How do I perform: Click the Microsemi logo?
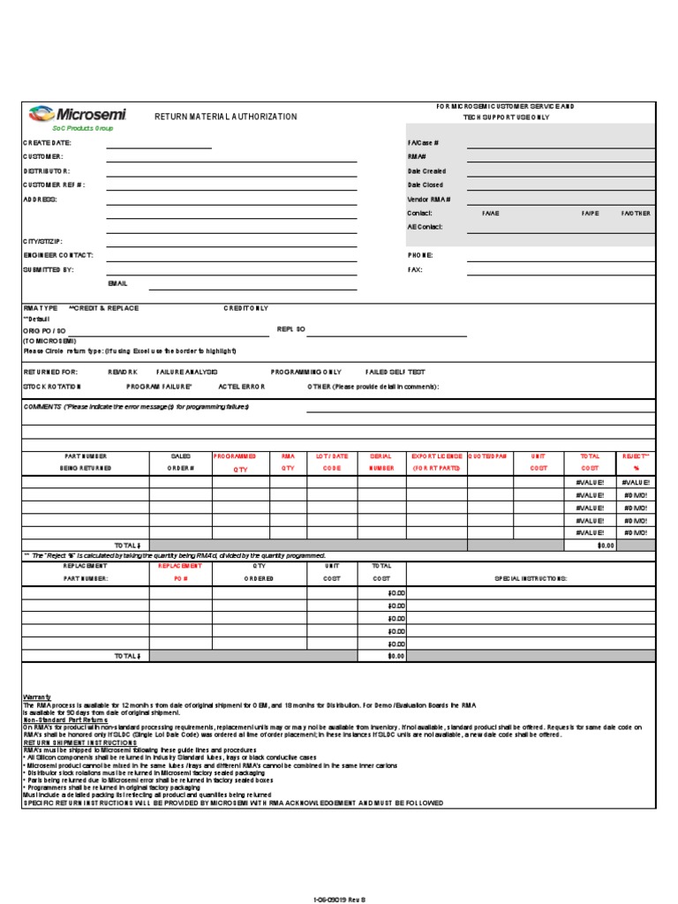click(x=78, y=114)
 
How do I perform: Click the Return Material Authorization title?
click(x=226, y=117)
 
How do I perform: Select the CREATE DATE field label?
click(x=47, y=142)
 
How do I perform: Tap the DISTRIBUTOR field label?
click(x=47, y=170)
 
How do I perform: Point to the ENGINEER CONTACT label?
click(x=57, y=255)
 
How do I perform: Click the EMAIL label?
click(x=117, y=283)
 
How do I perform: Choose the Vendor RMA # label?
click(x=429, y=200)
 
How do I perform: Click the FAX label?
click(x=415, y=269)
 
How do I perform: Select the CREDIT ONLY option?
click(x=246, y=308)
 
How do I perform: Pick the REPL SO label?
click(x=290, y=328)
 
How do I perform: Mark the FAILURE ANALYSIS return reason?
click(x=187, y=373)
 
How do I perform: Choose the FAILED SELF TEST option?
click(x=395, y=373)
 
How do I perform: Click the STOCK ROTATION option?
click(x=52, y=387)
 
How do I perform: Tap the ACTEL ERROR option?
click(x=242, y=387)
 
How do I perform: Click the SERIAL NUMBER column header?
click(x=381, y=462)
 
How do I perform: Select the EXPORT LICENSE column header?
click(x=437, y=462)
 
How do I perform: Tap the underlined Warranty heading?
click(x=37, y=697)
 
